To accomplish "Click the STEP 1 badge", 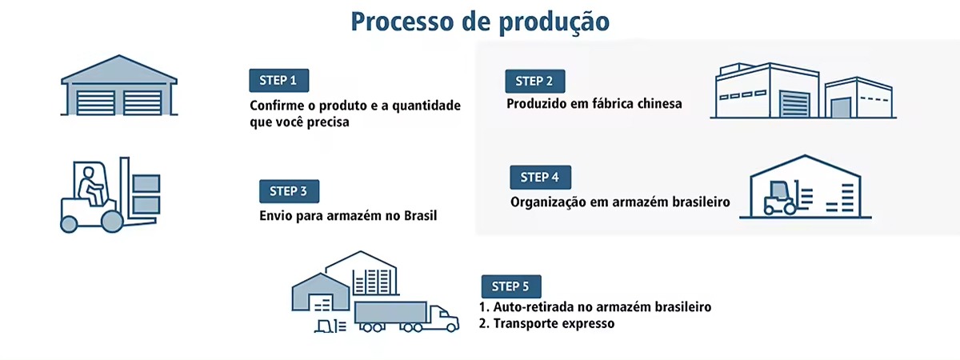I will [278, 80].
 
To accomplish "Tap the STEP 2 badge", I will [534, 81].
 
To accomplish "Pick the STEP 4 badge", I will [540, 177].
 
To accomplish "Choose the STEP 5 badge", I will [510, 286].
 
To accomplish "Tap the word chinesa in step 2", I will [654, 103].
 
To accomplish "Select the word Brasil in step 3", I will [419, 215].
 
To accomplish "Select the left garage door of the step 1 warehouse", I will [96, 102].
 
